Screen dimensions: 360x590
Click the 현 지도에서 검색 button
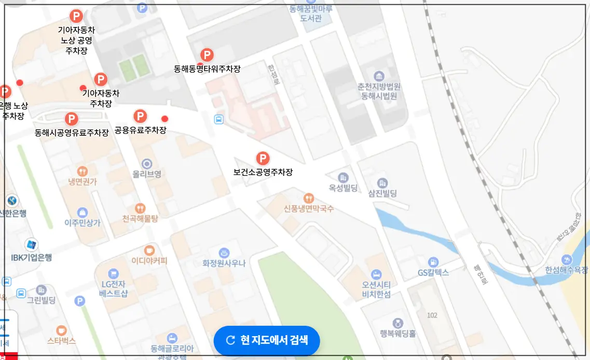267,340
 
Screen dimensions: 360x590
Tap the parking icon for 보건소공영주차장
263,158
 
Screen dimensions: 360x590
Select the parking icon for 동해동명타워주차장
207,54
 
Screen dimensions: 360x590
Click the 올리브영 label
147,175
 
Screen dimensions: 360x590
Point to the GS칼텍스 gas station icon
433,262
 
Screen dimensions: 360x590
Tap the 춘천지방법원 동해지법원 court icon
379,76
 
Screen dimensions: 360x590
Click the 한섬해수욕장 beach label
567,270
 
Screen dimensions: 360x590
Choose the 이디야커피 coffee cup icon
149,250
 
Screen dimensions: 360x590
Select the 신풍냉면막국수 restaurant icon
309,198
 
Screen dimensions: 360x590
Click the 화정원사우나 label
224,264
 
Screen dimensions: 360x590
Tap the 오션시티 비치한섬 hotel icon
376,274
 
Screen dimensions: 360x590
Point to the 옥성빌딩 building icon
343,178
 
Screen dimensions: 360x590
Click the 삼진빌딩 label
382,193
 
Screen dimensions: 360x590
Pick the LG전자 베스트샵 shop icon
114,273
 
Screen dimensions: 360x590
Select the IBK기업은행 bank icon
32,245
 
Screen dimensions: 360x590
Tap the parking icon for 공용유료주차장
140,116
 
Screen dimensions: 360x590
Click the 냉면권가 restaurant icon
83,171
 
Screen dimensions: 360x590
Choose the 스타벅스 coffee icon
61,330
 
